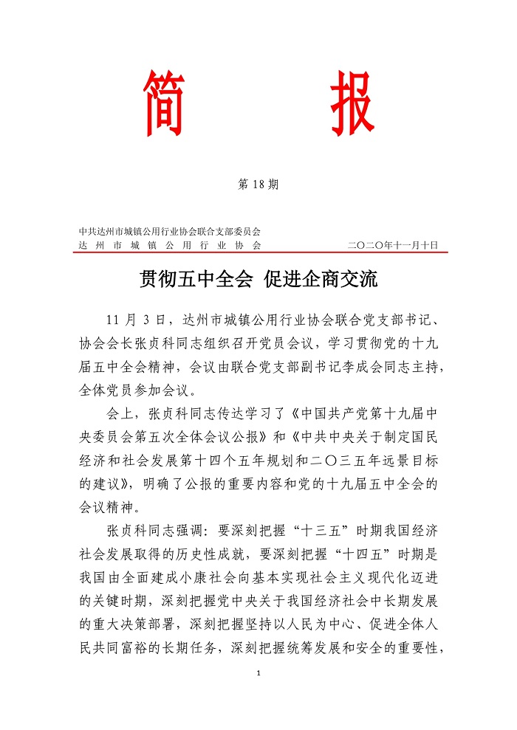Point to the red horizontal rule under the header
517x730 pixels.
258,252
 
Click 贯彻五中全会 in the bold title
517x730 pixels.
194,280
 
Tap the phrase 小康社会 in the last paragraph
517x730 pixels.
193,571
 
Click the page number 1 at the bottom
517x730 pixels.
258,673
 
